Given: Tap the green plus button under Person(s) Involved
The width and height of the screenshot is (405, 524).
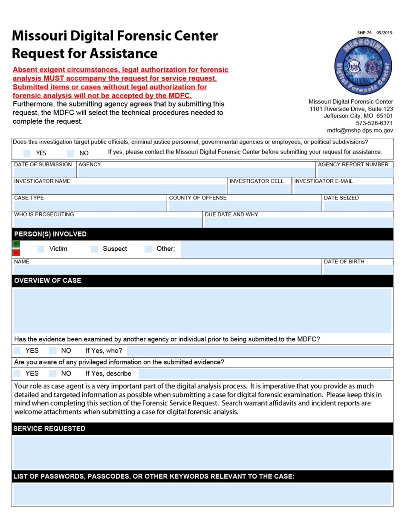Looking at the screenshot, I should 16,244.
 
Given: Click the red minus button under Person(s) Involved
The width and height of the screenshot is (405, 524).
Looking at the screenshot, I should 16,252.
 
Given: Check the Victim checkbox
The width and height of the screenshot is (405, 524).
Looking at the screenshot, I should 41,249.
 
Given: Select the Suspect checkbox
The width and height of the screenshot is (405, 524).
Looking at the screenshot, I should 95,249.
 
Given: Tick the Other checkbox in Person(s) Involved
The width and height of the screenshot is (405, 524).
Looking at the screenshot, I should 148,249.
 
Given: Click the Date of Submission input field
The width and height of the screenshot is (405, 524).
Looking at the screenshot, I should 44,173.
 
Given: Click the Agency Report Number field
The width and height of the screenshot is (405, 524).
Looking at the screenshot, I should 355,173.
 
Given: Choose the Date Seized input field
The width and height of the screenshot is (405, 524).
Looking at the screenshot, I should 358,206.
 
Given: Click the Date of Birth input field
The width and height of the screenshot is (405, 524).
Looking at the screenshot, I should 358,270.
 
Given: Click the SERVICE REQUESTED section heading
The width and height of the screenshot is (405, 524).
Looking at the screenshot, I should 49,428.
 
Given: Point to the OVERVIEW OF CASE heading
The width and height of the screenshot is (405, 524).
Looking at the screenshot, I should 47,281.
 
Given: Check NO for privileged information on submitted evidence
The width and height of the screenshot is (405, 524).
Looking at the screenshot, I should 53,374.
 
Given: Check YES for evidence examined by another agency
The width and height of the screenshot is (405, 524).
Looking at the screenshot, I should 17,351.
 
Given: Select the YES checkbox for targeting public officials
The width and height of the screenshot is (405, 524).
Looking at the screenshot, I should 27,153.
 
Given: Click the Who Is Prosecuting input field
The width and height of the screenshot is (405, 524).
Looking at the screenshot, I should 107,223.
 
